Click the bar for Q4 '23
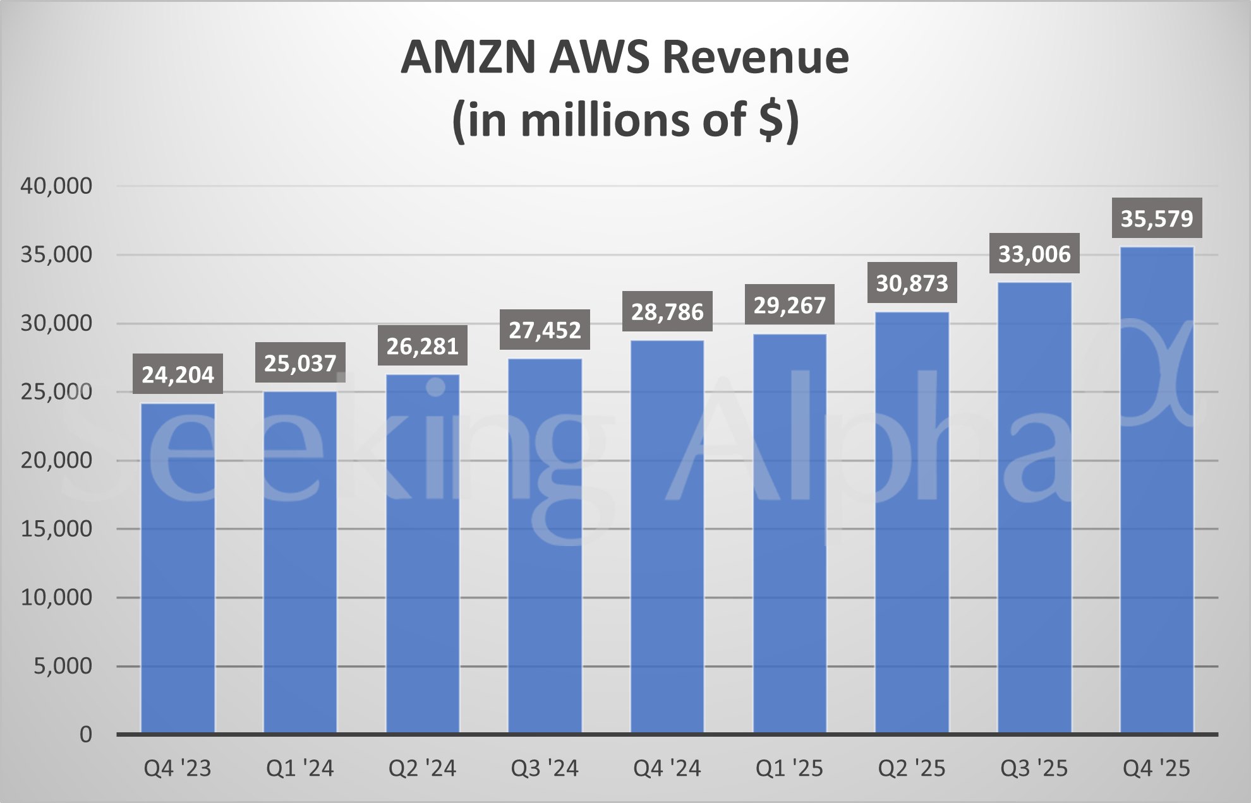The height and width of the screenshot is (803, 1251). click(x=178, y=568)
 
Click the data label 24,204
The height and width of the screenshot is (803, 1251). click(x=178, y=374)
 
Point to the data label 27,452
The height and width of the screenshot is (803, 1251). click(x=545, y=330)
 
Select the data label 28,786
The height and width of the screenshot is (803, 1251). click(x=667, y=311)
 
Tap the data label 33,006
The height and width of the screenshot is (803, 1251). click(x=1034, y=254)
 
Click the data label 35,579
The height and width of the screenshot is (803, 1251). click(x=1157, y=218)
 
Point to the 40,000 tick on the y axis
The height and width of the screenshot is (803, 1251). click(x=56, y=186)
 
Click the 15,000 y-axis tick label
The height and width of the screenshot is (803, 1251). click(x=56, y=528)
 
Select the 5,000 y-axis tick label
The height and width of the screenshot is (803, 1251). click(x=63, y=665)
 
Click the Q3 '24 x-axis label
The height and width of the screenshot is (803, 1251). click(x=545, y=768)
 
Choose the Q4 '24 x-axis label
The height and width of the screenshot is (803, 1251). click(x=667, y=768)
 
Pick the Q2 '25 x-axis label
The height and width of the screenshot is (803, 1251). click(x=912, y=768)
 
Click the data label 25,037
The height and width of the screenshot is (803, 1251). click(x=300, y=363)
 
